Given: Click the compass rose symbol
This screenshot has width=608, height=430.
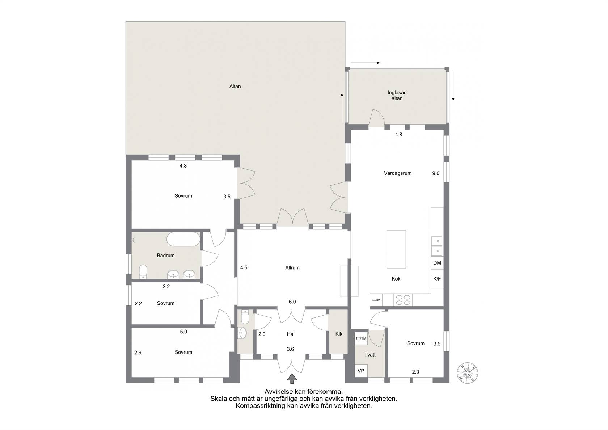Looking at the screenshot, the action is (x=468, y=372).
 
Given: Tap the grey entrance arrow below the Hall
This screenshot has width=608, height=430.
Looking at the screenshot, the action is (x=292, y=379).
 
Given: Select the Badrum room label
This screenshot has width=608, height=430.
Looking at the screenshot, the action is (x=166, y=256).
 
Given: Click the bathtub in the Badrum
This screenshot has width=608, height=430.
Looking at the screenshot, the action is (x=183, y=239).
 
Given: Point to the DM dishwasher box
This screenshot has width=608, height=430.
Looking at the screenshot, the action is (x=437, y=263).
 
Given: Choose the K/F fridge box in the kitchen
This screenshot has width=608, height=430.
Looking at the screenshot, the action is (x=437, y=279).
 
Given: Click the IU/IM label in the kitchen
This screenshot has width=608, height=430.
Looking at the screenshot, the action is (x=376, y=300).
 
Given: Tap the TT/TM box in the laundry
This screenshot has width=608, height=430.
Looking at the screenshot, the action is (x=361, y=338).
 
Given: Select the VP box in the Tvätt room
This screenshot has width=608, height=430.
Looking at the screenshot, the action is (x=361, y=371).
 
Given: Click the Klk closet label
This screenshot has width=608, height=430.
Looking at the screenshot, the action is (x=339, y=334).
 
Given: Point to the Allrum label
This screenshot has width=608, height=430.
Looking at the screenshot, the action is (x=292, y=268).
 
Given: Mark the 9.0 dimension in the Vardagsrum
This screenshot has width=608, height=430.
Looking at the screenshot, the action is (x=436, y=173).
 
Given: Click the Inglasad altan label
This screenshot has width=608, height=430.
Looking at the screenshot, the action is (x=397, y=96).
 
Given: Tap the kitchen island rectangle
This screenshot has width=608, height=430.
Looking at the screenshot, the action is (x=396, y=249).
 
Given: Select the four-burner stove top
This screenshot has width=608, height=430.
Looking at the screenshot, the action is (x=403, y=300).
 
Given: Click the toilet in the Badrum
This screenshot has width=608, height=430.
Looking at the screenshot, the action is (x=143, y=271).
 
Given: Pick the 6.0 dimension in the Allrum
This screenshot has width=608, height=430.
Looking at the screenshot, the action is (x=292, y=302).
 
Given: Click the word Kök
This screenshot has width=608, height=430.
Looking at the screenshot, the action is (x=396, y=279).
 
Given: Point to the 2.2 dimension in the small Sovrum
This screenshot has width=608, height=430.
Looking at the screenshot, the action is (x=138, y=303).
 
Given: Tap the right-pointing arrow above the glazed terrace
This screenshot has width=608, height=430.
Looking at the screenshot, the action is (x=366, y=63).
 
